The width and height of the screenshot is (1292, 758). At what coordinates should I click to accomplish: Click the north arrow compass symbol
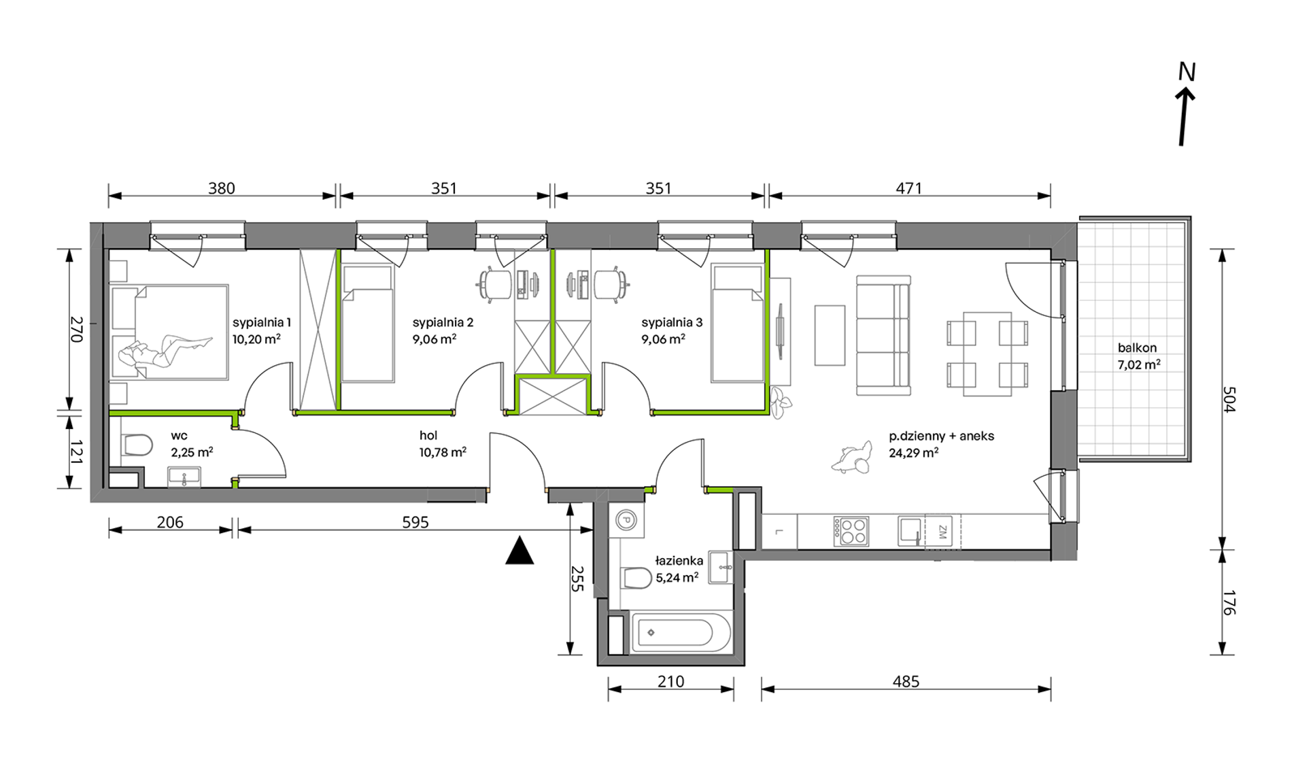pos(1185,105)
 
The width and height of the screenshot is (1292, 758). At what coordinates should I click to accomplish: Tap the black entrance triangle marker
pos(520,551)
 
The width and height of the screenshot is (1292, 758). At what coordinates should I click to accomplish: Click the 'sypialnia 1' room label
pos(262,322)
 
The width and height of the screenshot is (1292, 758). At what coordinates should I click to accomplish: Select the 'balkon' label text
pos(1137,347)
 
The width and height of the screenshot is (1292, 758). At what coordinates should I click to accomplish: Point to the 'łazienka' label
pos(679,561)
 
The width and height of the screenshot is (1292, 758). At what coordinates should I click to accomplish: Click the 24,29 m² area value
pos(914,452)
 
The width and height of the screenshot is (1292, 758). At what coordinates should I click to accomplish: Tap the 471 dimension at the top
pos(908,188)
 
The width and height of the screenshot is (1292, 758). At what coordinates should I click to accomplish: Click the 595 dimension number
pos(415,522)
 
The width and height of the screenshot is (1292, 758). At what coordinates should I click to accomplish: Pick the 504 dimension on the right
pos(1228,399)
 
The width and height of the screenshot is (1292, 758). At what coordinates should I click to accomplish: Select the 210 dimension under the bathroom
pos(670,681)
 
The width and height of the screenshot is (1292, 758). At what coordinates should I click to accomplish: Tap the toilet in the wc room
pos(138,445)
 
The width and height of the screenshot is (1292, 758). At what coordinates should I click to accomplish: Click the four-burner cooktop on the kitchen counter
pos(851,531)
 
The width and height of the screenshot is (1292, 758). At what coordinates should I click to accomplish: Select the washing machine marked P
pos(626,521)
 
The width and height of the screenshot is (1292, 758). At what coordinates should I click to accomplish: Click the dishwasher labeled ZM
pos(942,531)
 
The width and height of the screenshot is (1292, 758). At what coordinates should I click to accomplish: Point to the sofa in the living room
pos(883,335)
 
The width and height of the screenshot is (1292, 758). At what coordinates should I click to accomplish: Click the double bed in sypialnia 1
pos(169,332)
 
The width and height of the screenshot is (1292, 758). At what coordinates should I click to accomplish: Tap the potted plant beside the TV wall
pos(780,404)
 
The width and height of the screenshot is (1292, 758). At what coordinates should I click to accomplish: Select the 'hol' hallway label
pos(428,436)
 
